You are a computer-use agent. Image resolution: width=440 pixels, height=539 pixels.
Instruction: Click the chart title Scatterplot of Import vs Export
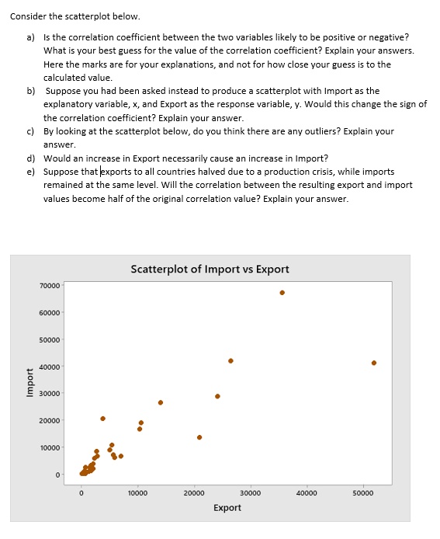210,269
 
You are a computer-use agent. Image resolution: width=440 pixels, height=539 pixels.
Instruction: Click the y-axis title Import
30,382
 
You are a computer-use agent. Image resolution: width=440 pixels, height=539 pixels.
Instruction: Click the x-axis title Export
227,507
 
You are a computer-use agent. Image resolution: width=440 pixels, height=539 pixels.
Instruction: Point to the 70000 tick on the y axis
50,286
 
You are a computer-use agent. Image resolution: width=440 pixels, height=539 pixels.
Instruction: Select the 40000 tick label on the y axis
50,367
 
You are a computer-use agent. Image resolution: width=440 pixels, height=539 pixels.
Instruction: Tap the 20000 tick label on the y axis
50,421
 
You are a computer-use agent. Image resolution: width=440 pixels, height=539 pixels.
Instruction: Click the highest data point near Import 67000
282,293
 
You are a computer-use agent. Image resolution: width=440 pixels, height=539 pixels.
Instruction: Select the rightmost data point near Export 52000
374,363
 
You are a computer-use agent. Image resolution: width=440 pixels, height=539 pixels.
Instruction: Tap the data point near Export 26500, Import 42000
230,360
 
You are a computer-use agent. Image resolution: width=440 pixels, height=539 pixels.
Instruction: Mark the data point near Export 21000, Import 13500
199,437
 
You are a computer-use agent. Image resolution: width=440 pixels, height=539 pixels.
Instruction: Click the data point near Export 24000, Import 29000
217,396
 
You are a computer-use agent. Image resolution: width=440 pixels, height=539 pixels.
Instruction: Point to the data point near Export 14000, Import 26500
161,402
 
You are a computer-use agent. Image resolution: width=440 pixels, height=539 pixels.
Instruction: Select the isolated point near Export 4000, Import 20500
102,419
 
